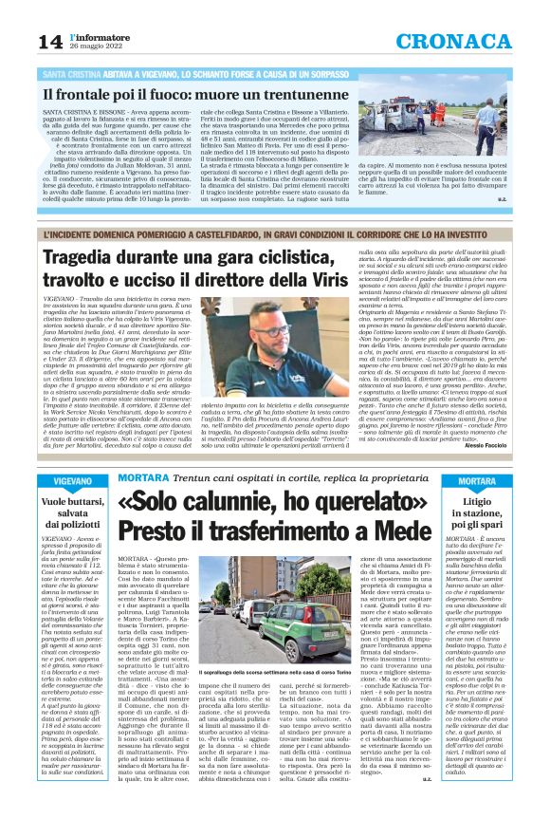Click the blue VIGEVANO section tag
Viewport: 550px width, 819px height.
73,482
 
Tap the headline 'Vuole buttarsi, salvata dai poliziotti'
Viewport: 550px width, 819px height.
73,512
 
